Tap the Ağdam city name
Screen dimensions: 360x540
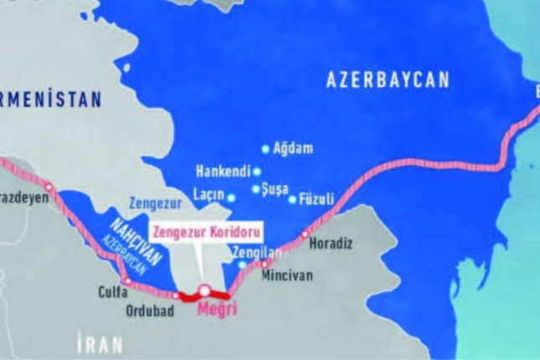292,149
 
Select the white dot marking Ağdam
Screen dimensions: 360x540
266,149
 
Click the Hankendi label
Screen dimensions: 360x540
223,171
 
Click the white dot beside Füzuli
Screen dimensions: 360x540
292,199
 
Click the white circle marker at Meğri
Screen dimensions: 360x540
203,291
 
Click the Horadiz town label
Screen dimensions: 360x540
331,244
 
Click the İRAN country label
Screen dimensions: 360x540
100,342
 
